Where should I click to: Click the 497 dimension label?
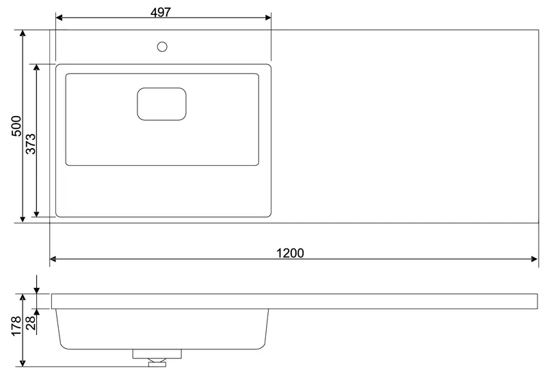pyautogui.click(x=161, y=12)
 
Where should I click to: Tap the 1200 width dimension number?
pyautogui.click(x=290, y=253)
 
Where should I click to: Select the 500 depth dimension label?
pyautogui.click(x=16, y=126)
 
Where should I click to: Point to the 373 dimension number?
pyautogui.click(x=31, y=143)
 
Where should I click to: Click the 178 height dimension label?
pyautogui.click(x=16, y=326)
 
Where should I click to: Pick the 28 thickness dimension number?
pyautogui.click(x=31, y=323)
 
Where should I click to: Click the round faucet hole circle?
pyautogui.click(x=162, y=46)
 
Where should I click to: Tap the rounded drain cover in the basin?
pyautogui.click(x=161, y=104)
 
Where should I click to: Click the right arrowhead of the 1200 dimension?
pyautogui.click(x=534, y=259)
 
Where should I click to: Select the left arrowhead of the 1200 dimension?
pyautogui.click(x=53, y=259)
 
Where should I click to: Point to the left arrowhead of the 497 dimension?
pyautogui.click(x=59, y=18)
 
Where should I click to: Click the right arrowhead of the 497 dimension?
pyautogui.click(x=268, y=18)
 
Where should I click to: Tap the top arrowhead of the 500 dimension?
pyautogui.click(x=23, y=33)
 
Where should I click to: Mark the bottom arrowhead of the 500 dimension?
pyautogui.click(x=23, y=218)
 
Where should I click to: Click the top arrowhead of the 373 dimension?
pyautogui.click(x=37, y=68)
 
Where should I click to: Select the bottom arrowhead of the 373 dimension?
pyautogui.click(x=37, y=213)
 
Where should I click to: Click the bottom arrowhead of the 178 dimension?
pyautogui.click(x=23, y=362)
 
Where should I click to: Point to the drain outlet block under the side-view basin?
pyautogui.click(x=157, y=354)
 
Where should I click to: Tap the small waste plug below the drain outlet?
pyautogui.click(x=157, y=364)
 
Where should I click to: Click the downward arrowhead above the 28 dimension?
pyautogui.click(x=37, y=290)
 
